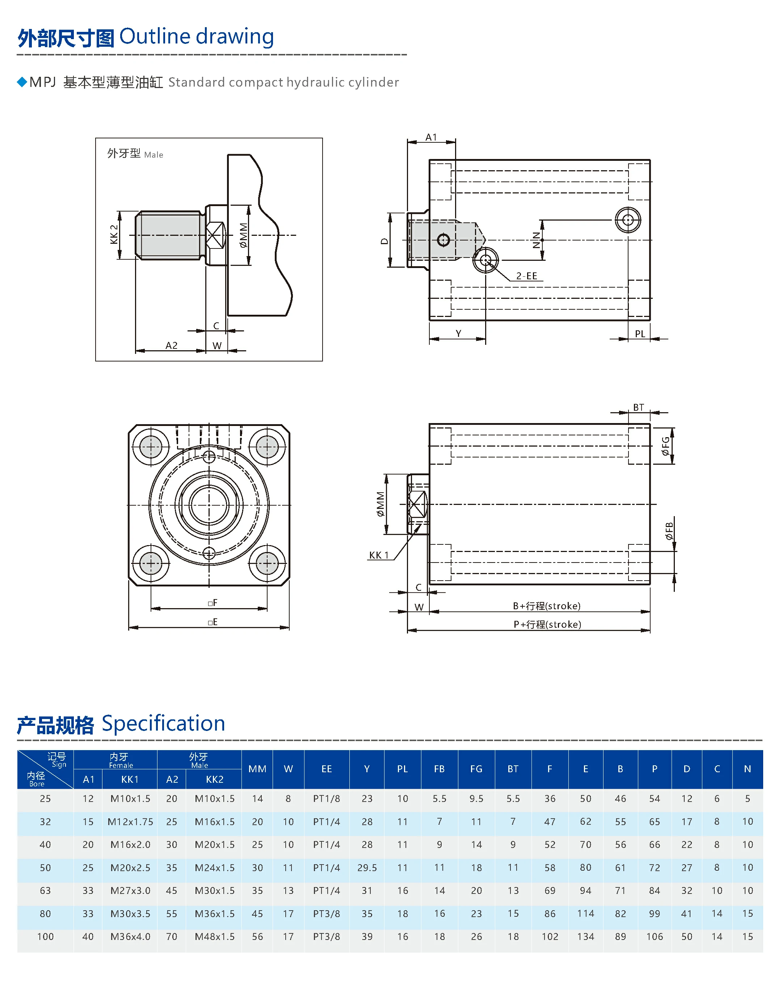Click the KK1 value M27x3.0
coord(130,891)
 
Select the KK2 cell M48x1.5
coord(214,937)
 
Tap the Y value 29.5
coord(367,868)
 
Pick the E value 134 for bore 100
coord(585,937)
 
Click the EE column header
coord(327,769)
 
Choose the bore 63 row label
coord(45,891)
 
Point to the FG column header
coord(476,769)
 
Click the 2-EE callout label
coord(526,276)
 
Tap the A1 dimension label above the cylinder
coord(431,137)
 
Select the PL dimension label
coord(640,334)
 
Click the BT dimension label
coord(638,407)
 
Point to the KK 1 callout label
coord(379,555)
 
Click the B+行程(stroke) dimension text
coord(547,606)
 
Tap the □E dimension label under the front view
coord(213,622)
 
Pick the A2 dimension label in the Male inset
coord(171,345)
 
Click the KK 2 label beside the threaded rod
coord(114,234)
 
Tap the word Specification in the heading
coord(163,724)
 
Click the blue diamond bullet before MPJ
coord(22,82)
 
